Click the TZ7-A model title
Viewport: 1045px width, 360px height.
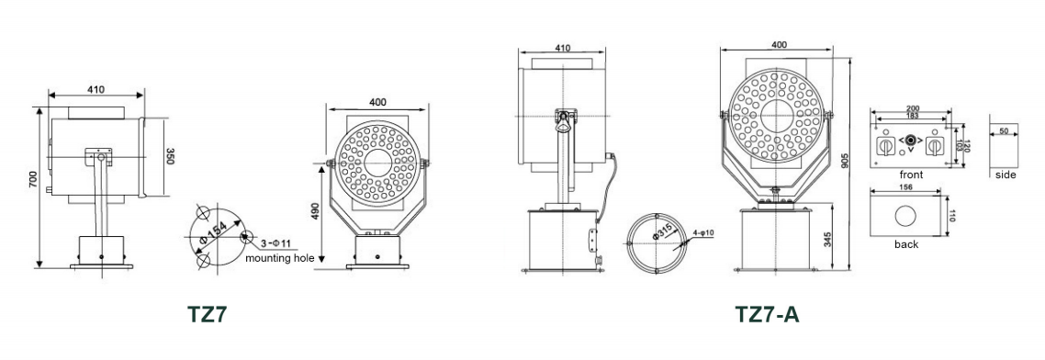[767, 315]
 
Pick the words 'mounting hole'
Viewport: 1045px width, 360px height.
[280, 259]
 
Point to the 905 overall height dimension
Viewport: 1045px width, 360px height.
[845, 162]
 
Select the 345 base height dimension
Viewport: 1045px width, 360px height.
[826, 239]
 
